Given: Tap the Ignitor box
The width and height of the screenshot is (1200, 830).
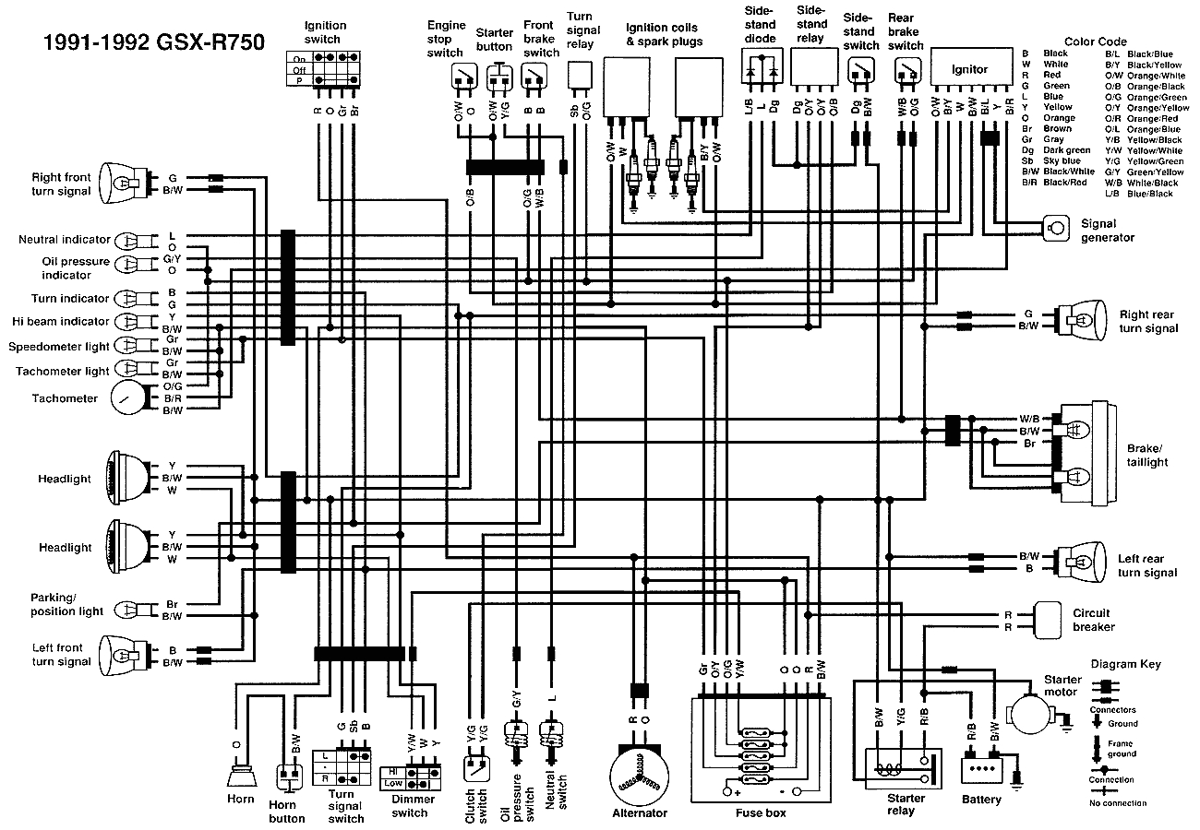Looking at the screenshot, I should (x=969, y=69).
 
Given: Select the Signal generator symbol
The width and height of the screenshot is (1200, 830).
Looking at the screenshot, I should (x=1052, y=226).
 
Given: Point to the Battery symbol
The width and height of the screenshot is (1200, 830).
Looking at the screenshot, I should (x=982, y=768).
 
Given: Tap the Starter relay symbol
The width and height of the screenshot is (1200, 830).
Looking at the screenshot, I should (x=901, y=768).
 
